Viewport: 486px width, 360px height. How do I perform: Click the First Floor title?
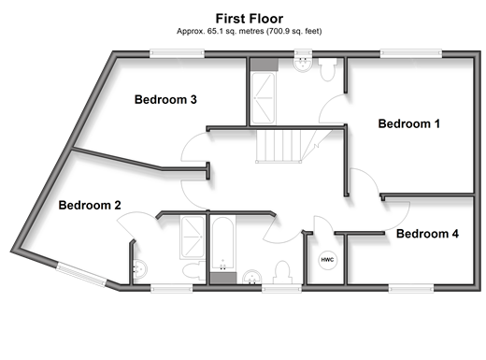(250, 19)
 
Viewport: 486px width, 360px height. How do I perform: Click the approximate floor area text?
(250, 31)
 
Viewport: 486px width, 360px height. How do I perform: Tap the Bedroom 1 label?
(409, 123)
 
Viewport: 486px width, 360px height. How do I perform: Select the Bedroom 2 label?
(90, 205)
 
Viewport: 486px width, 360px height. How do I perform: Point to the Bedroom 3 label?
(165, 99)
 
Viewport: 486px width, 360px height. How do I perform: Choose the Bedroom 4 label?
(427, 234)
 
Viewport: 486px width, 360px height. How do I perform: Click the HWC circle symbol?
(327, 260)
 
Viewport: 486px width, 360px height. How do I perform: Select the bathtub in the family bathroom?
(222, 243)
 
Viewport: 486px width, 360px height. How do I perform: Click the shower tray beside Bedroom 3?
(264, 98)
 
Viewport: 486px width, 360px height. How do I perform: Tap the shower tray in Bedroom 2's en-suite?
(193, 238)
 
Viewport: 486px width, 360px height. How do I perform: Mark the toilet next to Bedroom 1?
(327, 69)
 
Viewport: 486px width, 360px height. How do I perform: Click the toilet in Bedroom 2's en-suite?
(193, 271)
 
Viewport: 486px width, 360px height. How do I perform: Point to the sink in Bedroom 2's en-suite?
(140, 268)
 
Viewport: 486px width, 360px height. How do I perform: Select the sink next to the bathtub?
(252, 277)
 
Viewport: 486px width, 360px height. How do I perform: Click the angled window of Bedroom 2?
(81, 275)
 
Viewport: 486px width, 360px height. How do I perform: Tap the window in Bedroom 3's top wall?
(177, 54)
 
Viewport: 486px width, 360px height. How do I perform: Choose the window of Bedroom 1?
(411, 54)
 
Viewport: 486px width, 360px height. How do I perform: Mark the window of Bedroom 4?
(411, 288)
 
